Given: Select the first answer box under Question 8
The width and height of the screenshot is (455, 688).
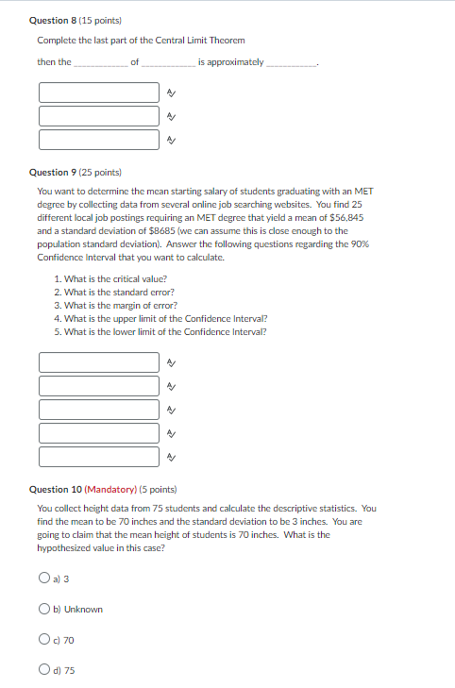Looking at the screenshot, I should pyautogui.click(x=99, y=92).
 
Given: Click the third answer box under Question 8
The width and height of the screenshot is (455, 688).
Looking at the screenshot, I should pyautogui.click(x=99, y=140).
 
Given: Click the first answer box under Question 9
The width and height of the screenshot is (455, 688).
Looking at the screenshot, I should pyautogui.click(x=99, y=361).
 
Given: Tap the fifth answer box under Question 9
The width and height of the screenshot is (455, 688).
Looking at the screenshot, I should pyautogui.click(x=99, y=457).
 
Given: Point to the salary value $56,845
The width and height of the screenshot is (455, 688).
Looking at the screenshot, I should pyautogui.click(x=345, y=217).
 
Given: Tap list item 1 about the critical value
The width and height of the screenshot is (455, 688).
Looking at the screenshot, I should pyautogui.click(x=111, y=279).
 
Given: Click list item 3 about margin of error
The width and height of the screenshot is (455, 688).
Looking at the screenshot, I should pyautogui.click(x=115, y=306).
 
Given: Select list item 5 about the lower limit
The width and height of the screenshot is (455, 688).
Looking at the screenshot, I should pyautogui.click(x=160, y=332).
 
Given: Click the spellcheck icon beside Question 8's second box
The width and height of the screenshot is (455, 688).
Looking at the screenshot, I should pyautogui.click(x=170, y=116).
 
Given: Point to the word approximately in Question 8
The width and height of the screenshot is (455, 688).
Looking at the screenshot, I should pyautogui.click(x=230, y=62).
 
